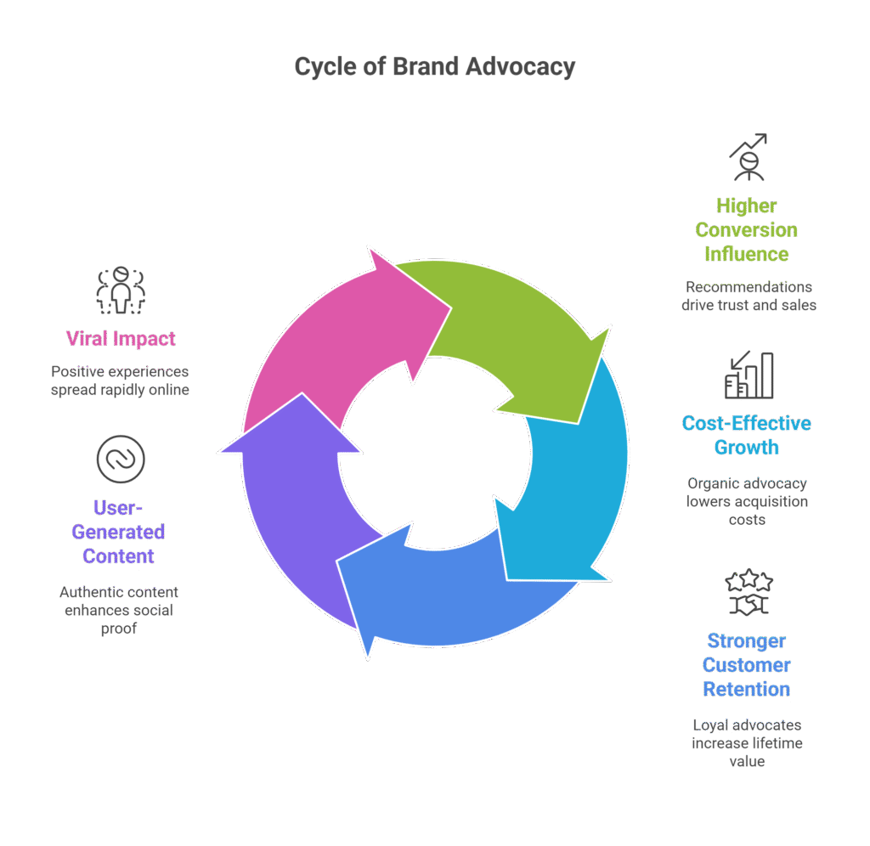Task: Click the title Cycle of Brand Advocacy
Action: click(434, 67)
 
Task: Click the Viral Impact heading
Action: click(121, 338)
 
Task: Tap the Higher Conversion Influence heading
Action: click(747, 229)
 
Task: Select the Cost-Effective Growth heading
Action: click(747, 435)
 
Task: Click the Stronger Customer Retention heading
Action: click(747, 665)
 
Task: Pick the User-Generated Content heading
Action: click(118, 532)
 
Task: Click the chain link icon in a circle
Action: click(120, 459)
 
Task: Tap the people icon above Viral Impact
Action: click(121, 289)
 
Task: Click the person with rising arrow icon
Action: click(748, 157)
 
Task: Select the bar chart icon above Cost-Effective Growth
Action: click(749, 375)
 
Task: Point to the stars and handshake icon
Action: click(749, 592)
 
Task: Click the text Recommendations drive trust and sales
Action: click(749, 296)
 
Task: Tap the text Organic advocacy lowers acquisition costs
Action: click(747, 501)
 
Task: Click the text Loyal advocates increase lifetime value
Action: click(747, 743)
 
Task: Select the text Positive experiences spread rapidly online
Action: click(120, 381)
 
